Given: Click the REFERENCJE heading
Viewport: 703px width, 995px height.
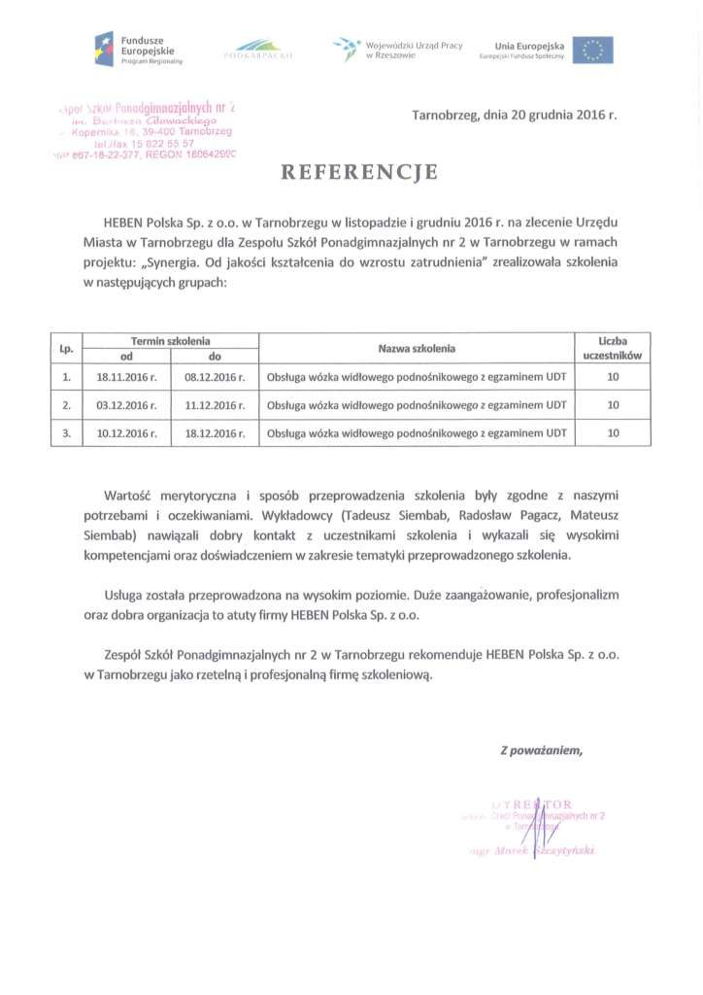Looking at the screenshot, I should [359, 173].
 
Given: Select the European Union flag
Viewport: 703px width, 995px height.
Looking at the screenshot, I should [592, 50].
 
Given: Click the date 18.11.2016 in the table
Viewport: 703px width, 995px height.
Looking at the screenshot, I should [121, 374].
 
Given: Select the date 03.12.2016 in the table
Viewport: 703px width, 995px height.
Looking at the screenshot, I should [121, 404].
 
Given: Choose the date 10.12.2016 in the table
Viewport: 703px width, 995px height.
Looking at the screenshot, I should [121, 433].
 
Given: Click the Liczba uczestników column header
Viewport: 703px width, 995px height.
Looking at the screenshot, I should [613, 348].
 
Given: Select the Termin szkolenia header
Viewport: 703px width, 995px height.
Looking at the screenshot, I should [171, 341].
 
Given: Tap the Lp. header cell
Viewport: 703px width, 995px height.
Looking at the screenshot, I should [66, 348].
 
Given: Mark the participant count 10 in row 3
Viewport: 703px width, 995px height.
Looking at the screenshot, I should [613, 433].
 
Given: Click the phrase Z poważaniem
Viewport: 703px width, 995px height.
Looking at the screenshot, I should [541, 749].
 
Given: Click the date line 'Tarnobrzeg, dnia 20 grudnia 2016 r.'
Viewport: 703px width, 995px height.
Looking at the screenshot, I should [514, 115].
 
